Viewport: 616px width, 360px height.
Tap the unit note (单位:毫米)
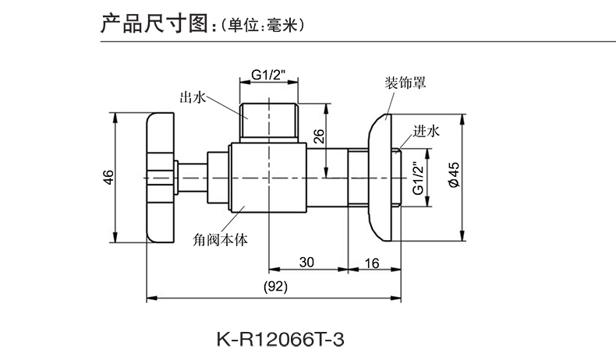tap(260, 24)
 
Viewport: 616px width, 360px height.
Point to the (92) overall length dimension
tap(276, 286)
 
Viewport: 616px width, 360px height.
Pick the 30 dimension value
tap(306, 263)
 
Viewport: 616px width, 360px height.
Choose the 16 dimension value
tap(371, 263)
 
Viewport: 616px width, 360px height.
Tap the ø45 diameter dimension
tap(455, 178)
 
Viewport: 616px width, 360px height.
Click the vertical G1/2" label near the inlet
tap(416, 178)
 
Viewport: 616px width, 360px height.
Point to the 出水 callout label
tap(192, 97)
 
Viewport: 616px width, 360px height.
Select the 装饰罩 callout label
tap(403, 81)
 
